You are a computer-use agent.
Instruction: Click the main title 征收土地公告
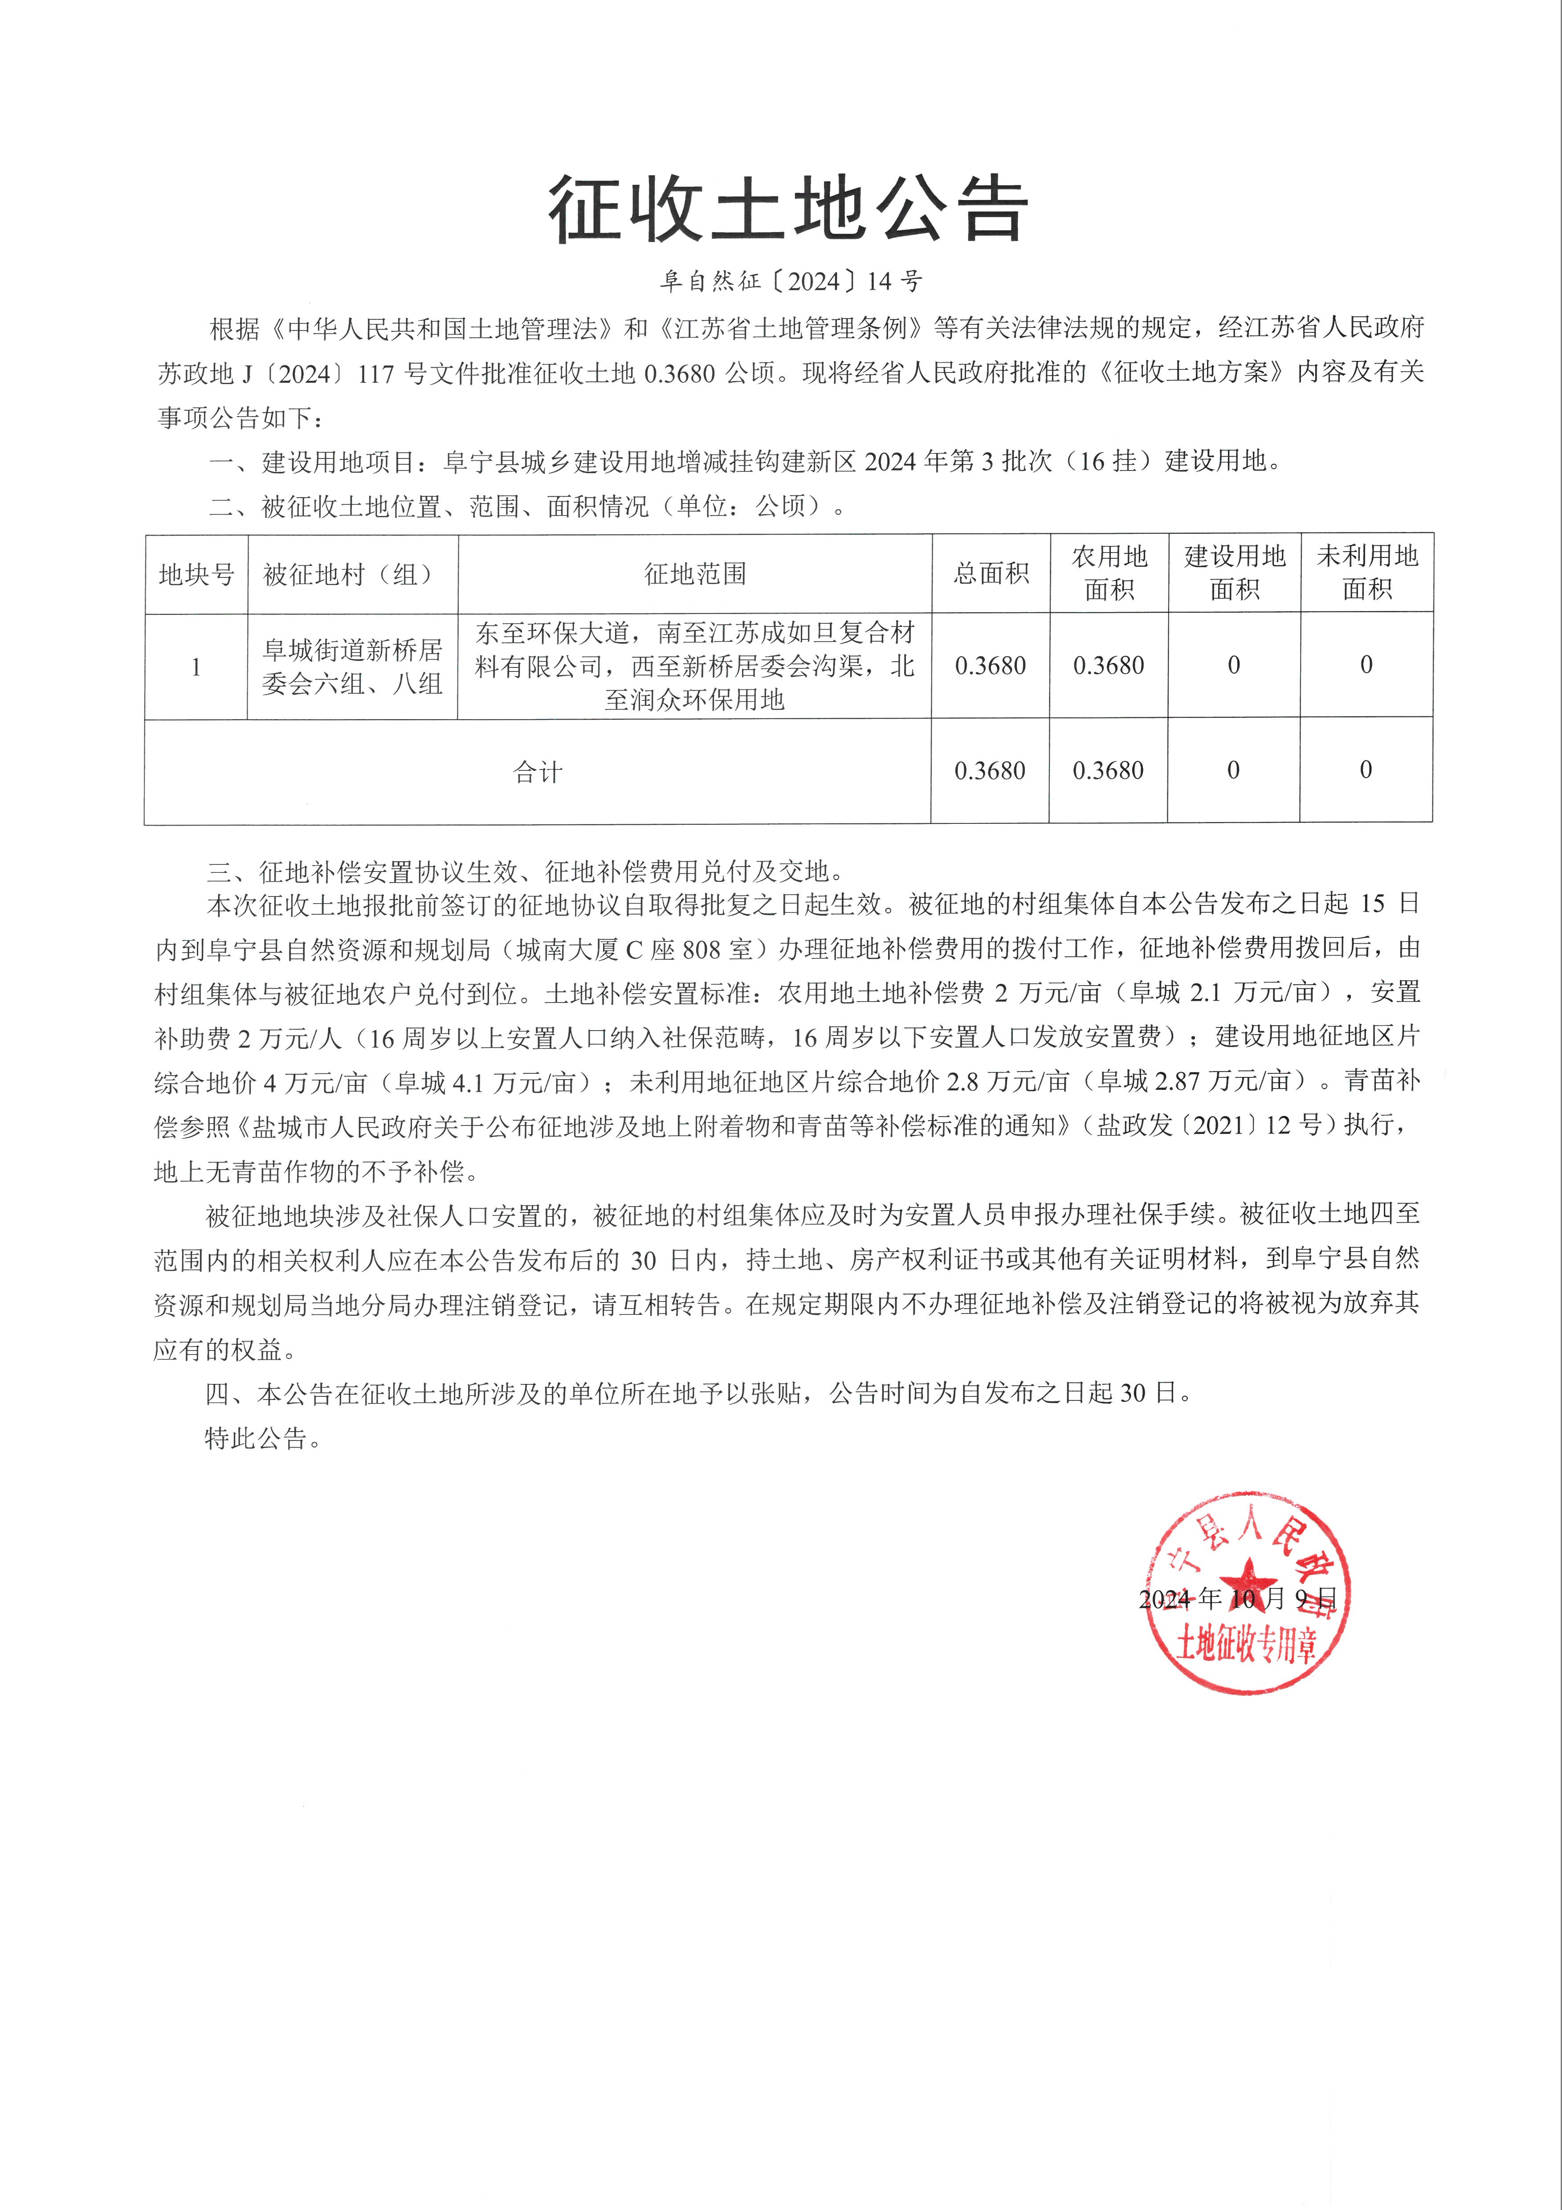(787, 209)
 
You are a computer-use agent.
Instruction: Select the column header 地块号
(196, 575)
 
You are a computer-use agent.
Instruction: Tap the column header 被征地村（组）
(352, 575)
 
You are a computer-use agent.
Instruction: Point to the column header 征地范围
(695, 575)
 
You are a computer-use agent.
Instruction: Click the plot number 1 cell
(196, 666)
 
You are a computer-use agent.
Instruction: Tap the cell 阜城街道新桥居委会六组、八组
(352, 666)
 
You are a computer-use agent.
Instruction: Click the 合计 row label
(537, 771)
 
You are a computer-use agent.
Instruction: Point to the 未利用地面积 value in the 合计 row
(1366, 770)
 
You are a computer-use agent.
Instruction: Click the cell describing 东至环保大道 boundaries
(695, 666)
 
